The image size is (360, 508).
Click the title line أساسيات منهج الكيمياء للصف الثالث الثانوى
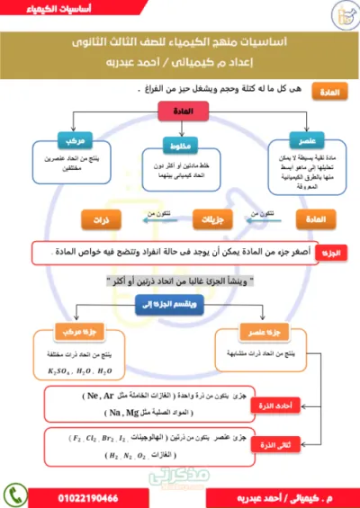point(179,44)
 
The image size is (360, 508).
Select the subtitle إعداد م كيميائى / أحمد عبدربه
point(179,64)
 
